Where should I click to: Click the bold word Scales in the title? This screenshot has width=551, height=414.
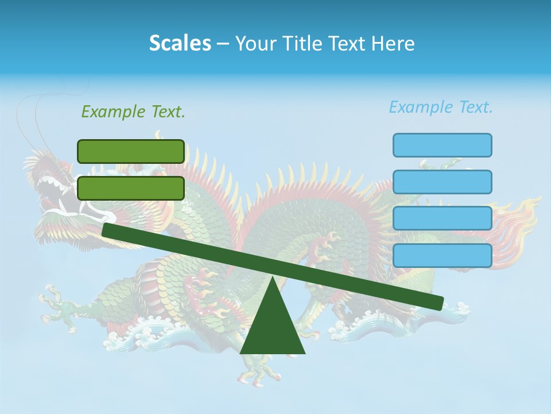tap(180, 43)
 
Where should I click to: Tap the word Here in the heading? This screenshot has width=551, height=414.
tap(393, 44)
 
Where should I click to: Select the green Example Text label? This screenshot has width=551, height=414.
tap(133, 112)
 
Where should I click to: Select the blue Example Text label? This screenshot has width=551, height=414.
tap(441, 107)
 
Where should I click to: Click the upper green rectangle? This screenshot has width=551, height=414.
tap(131, 151)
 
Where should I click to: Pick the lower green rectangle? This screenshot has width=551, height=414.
tap(131, 188)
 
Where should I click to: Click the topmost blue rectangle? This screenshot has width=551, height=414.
tap(442, 145)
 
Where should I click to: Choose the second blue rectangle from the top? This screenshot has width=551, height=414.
tap(442, 182)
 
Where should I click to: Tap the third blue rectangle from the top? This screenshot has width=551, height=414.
tap(442, 218)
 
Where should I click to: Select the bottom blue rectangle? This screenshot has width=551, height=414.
tap(442, 255)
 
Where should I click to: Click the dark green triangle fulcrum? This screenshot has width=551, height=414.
tap(273, 328)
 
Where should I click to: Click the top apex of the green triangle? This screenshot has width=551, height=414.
tap(273, 279)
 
